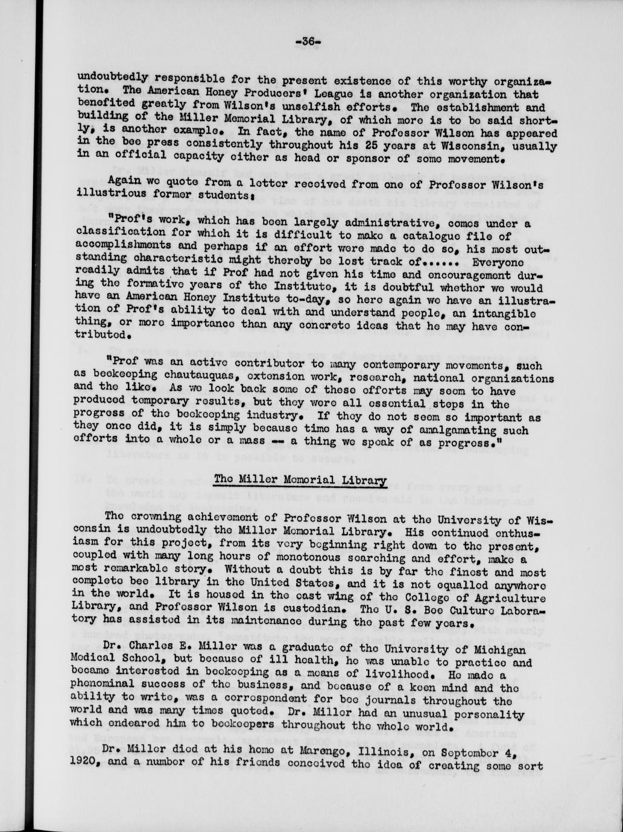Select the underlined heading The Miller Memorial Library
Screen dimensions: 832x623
pyautogui.click(x=300, y=481)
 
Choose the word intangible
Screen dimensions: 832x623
pyautogui.click(x=502, y=313)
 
